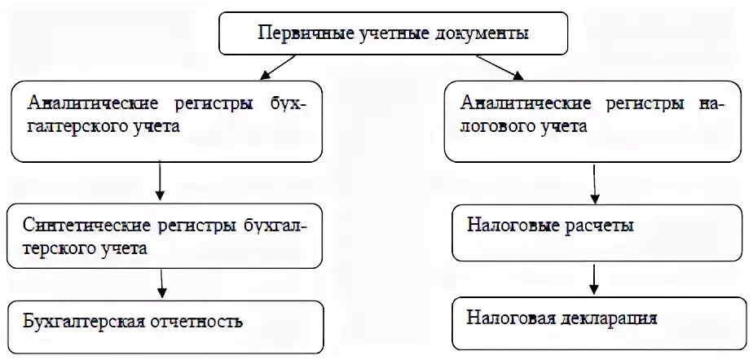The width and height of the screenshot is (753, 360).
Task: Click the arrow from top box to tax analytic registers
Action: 500,68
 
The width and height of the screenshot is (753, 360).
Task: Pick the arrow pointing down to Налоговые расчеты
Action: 596,187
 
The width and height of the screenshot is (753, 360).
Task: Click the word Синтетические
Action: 77,225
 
